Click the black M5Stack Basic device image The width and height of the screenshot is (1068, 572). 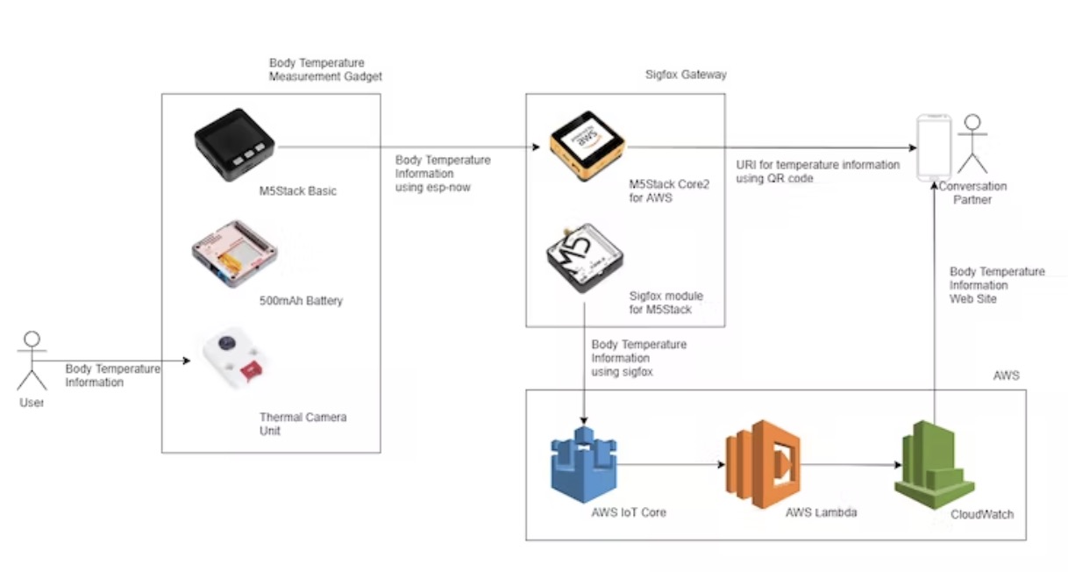point(234,144)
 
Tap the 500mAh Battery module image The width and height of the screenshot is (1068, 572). point(235,254)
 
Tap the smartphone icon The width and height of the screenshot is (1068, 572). point(933,147)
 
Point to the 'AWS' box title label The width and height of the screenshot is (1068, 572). point(1006,375)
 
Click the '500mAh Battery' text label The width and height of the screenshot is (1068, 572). point(301,301)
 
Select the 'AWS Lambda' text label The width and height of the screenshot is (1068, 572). point(821,512)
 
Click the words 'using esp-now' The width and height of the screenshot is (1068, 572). point(434,187)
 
